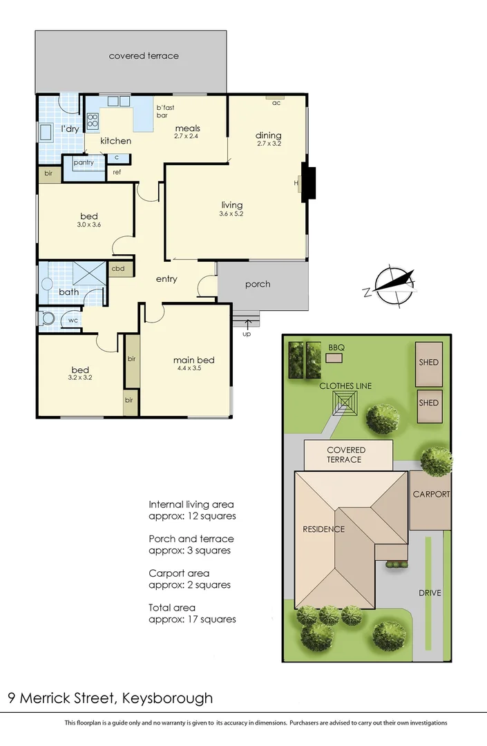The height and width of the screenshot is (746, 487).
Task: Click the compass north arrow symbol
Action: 392,284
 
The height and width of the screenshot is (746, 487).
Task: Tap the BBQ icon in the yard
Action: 335,358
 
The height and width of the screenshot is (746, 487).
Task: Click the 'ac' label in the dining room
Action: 276,103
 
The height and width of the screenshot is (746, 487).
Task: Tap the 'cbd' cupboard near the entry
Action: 117,268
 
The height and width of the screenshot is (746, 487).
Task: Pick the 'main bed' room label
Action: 193,360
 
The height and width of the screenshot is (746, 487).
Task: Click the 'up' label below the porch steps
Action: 247,334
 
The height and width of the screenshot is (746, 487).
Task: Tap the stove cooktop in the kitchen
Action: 93,122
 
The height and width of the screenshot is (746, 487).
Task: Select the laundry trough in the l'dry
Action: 46,132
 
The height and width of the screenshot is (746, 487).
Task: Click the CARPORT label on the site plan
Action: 431,495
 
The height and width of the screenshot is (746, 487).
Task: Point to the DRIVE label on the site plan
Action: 429,593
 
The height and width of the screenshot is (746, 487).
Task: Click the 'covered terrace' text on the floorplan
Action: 144,56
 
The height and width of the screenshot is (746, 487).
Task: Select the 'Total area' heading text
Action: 172,608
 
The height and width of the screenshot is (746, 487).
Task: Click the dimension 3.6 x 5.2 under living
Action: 232,214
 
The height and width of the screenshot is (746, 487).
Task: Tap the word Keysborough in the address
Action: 167,698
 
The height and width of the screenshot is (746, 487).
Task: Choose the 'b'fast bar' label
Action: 165,112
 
